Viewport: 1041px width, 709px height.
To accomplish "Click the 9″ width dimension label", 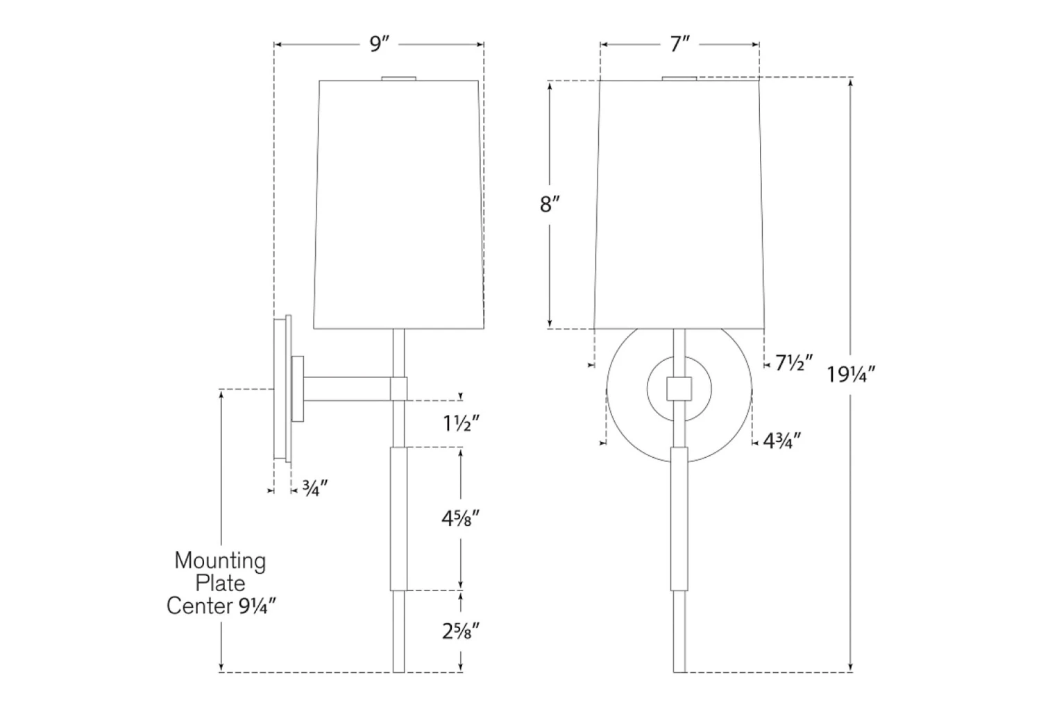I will point(379,44).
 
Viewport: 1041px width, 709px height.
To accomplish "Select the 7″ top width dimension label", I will point(679,44).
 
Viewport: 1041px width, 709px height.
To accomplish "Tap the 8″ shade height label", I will point(550,205).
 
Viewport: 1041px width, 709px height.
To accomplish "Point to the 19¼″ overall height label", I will point(851,375).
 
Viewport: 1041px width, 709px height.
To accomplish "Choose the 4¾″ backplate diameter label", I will point(782,441).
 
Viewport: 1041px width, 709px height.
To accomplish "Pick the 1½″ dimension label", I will point(462,422).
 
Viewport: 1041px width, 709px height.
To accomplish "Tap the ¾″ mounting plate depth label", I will point(314,488).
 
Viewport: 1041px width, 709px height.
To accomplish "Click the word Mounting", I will point(220,560).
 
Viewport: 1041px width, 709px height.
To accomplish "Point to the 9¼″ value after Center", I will point(257,606).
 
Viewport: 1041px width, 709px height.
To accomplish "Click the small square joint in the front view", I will point(679,388).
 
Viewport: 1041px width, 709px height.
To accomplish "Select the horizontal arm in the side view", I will point(347,388).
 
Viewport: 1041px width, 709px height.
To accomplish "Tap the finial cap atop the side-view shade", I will point(399,78).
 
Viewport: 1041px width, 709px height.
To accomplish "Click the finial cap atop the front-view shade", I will point(679,78).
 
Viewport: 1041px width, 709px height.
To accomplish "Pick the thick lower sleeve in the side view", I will point(398,518).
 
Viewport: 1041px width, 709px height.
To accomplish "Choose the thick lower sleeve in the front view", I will point(679,518).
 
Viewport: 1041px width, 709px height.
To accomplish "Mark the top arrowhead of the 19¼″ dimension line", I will point(851,83).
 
